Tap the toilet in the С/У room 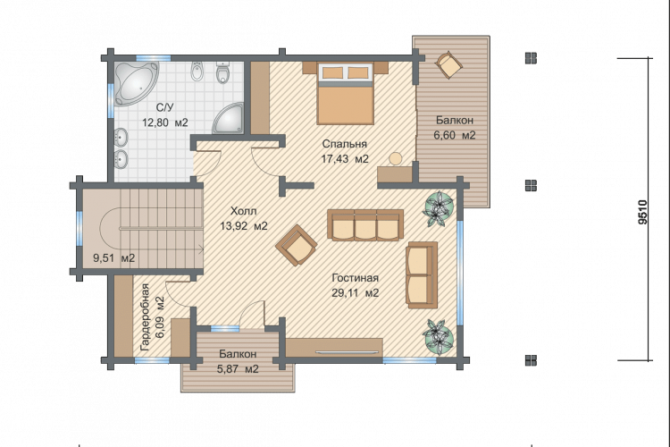pos(223,72)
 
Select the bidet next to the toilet pos(197,72)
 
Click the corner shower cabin pos(230,119)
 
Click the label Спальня pos(345,144)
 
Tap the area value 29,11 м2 pos(356,293)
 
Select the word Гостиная pos(355,278)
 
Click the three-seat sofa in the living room pos(365,224)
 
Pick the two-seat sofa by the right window pos(422,274)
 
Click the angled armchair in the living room pos(297,246)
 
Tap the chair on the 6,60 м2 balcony pos(448,64)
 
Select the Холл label pos(244,211)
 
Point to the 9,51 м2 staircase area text pos(114,258)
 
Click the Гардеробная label pos(146,318)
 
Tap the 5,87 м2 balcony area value pos(238,369)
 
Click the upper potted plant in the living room pos(438,208)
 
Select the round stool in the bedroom pos(395,158)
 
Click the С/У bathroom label pos(165,108)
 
